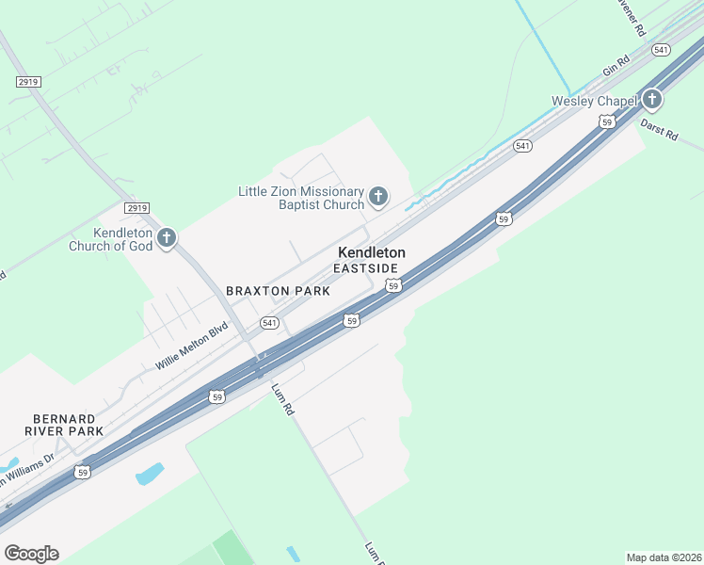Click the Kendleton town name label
click(372, 252)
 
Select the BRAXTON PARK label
click(278, 291)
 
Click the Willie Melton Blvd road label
click(192, 347)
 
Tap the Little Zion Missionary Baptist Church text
click(300, 198)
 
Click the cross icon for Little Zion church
click(377, 196)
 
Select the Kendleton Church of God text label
click(111, 240)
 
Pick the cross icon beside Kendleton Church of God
click(167, 237)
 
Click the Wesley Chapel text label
click(593, 101)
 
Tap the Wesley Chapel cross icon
click(650, 100)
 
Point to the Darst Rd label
click(659, 129)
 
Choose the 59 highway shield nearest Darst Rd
click(607, 121)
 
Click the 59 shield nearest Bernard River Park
click(83, 472)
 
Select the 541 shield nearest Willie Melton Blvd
click(270, 323)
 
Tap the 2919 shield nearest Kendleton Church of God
click(137, 207)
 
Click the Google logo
click(31, 554)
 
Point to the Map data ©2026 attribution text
click(664, 557)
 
